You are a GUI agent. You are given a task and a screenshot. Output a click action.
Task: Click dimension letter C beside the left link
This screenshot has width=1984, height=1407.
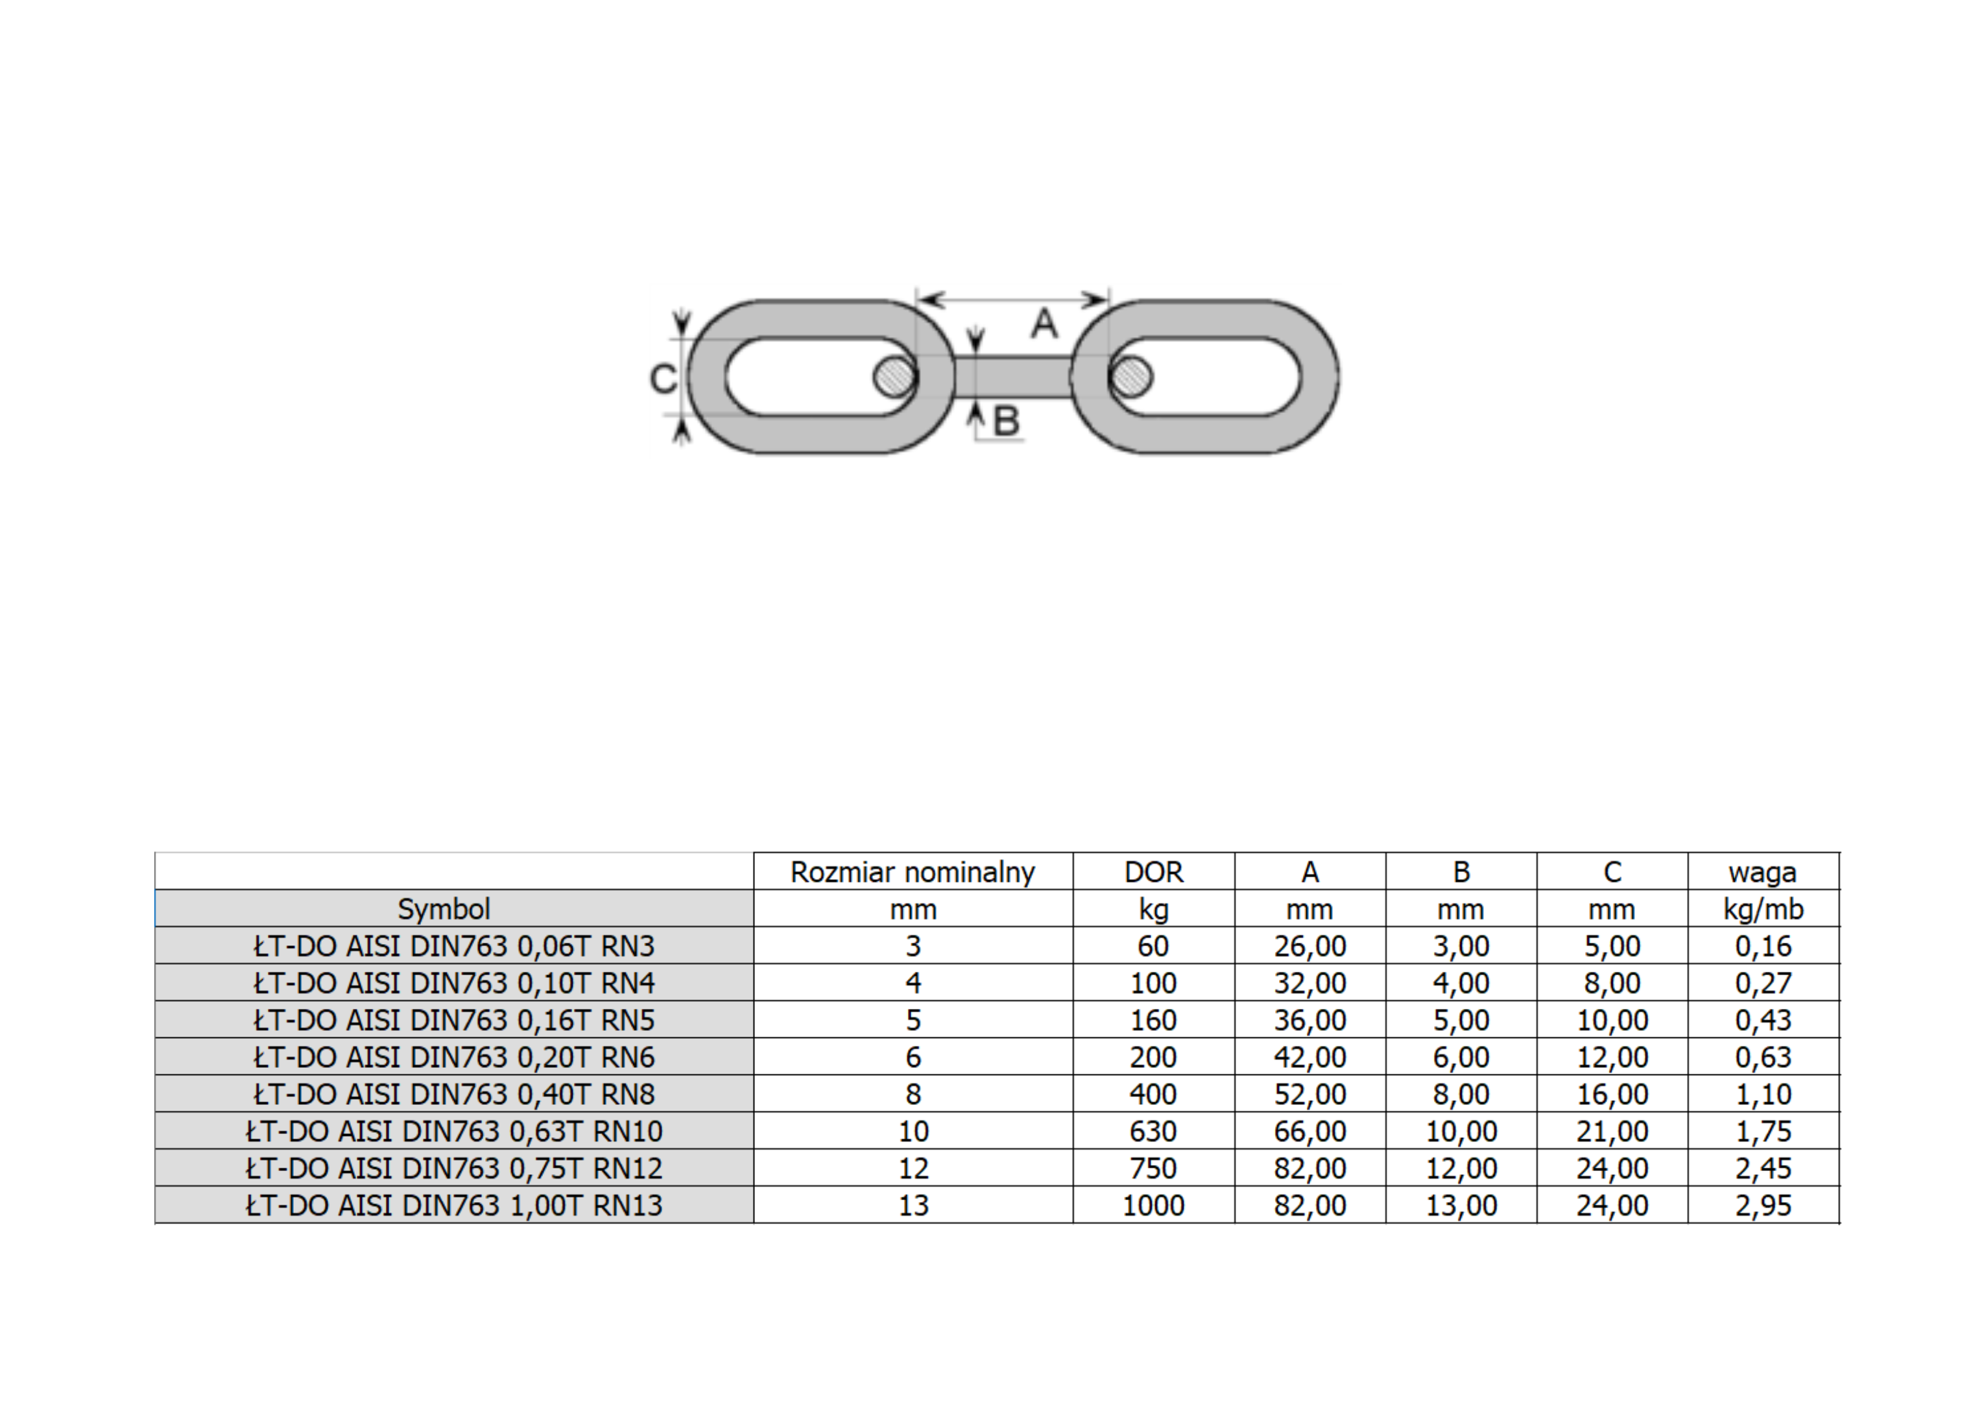[663, 379]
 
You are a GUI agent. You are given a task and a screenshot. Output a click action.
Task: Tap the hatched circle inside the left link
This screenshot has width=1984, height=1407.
[894, 377]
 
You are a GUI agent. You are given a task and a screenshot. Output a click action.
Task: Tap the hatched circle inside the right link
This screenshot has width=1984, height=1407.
[1130, 377]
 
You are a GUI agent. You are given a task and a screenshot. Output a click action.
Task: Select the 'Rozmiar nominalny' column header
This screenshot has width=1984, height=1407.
[913, 871]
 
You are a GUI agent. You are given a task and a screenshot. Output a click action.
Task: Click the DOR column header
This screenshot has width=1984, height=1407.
[1153, 871]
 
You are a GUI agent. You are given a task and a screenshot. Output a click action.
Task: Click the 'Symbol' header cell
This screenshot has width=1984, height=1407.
[444, 909]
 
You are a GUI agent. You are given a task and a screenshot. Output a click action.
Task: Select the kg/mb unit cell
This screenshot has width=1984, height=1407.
[1763, 910]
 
